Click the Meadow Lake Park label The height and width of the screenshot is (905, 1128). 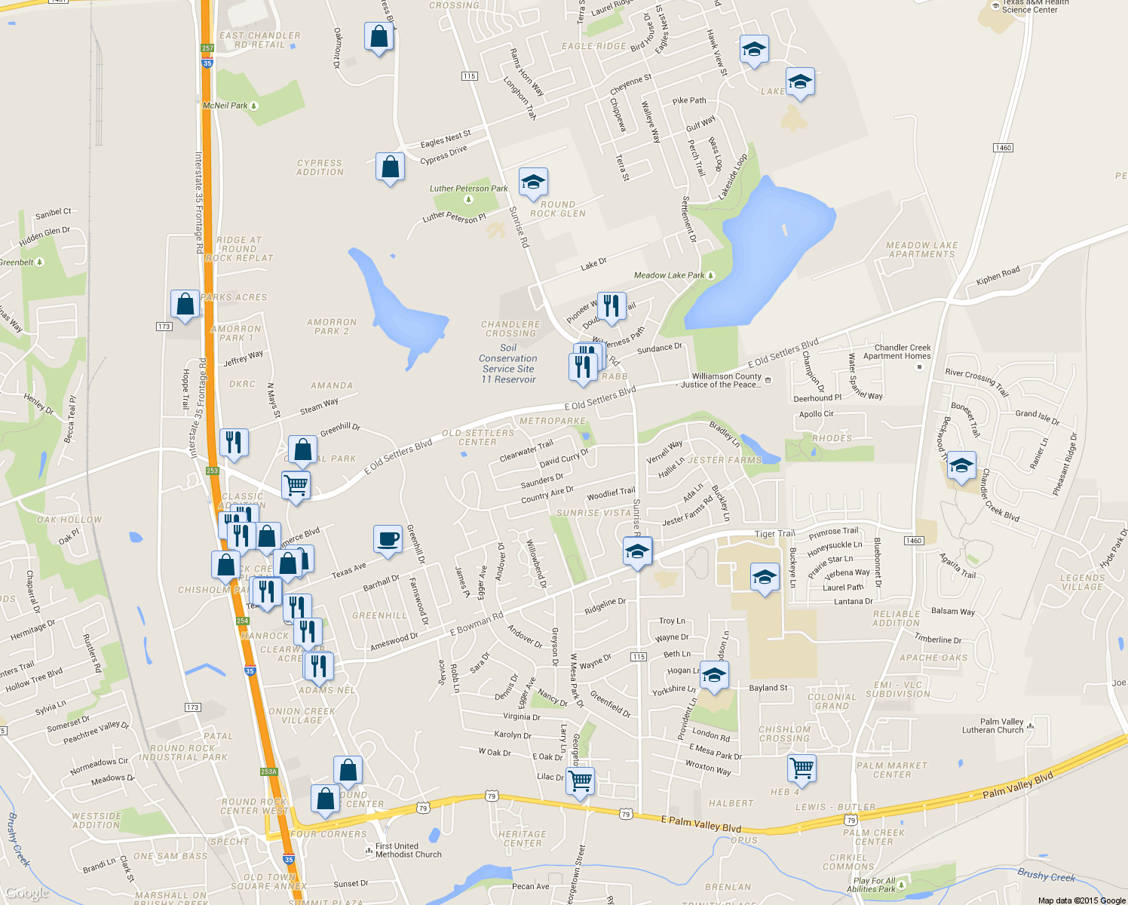click(x=670, y=275)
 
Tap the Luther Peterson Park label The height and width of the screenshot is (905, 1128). click(x=468, y=189)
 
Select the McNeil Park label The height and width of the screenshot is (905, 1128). click(x=225, y=106)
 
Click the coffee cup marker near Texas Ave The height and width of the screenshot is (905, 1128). click(x=388, y=540)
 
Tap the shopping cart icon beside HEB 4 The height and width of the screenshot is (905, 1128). click(x=802, y=768)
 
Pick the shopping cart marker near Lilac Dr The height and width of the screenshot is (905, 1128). click(x=580, y=781)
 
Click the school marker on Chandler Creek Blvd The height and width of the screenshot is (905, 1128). click(x=961, y=466)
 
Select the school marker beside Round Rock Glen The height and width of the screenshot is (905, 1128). click(x=533, y=183)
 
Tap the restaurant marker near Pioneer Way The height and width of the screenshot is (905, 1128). click(x=612, y=307)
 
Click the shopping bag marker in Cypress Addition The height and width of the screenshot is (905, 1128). click(x=390, y=167)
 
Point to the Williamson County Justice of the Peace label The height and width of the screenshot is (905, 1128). click(x=727, y=380)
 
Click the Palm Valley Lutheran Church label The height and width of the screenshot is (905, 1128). click(x=992, y=726)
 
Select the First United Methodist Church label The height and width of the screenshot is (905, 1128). click(x=408, y=850)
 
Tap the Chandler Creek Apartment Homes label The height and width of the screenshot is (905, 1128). click(x=897, y=351)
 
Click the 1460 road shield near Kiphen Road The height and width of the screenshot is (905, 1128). click(x=1003, y=148)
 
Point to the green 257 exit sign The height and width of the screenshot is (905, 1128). click(x=207, y=48)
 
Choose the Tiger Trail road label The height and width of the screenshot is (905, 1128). click(x=774, y=534)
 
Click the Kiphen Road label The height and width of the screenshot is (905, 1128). click(x=998, y=276)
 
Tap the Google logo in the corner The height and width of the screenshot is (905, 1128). click(x=27, y=894)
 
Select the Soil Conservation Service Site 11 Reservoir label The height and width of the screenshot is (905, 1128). click(x=508, y=364)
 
